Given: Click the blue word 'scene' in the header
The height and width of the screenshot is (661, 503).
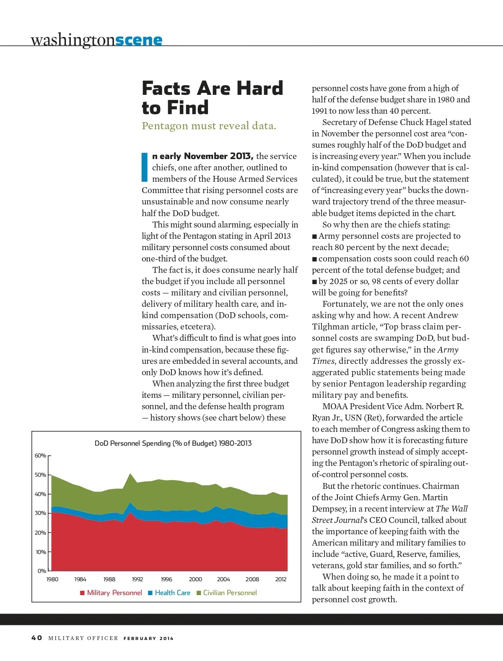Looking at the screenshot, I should (138, 40).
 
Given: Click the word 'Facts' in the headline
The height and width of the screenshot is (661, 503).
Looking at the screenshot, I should (166, 89).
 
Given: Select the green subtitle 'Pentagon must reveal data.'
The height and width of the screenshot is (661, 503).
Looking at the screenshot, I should (209, 126).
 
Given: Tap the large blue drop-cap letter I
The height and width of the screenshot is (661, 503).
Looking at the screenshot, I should (145, 167).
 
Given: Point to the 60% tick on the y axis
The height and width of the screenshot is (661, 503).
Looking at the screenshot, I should (41, 456).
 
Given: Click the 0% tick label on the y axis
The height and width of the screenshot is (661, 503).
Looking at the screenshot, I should (42, 571).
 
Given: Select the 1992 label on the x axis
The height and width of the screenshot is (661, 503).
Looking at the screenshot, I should (137, 580).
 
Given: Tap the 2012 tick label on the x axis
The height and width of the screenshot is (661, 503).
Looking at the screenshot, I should (281, 580).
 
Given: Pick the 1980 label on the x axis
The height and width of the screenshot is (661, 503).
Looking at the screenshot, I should (52, 580).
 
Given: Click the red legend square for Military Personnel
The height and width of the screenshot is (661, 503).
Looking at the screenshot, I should (83, 593).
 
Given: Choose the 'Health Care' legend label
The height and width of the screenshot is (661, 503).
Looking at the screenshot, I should (172, 593).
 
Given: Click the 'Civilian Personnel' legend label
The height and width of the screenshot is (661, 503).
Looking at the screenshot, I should (230, 593).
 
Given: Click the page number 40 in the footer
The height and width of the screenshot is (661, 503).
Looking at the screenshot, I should (36, 638).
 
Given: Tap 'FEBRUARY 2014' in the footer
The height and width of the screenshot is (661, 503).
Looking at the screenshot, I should (148, 638).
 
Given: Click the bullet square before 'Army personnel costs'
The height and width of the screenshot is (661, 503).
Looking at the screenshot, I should (314, 237).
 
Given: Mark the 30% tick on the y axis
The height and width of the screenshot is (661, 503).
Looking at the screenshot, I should (41, 513).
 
